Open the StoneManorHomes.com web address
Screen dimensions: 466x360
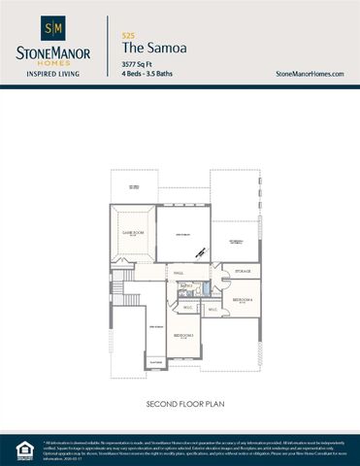311,74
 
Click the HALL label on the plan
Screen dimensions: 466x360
179,274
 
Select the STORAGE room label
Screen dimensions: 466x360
243,272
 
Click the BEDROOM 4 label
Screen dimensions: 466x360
243,300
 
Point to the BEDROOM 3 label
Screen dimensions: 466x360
184,335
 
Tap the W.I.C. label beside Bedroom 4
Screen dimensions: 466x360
213,311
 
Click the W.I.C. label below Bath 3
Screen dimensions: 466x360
187,307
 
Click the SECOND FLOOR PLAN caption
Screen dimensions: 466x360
180,402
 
